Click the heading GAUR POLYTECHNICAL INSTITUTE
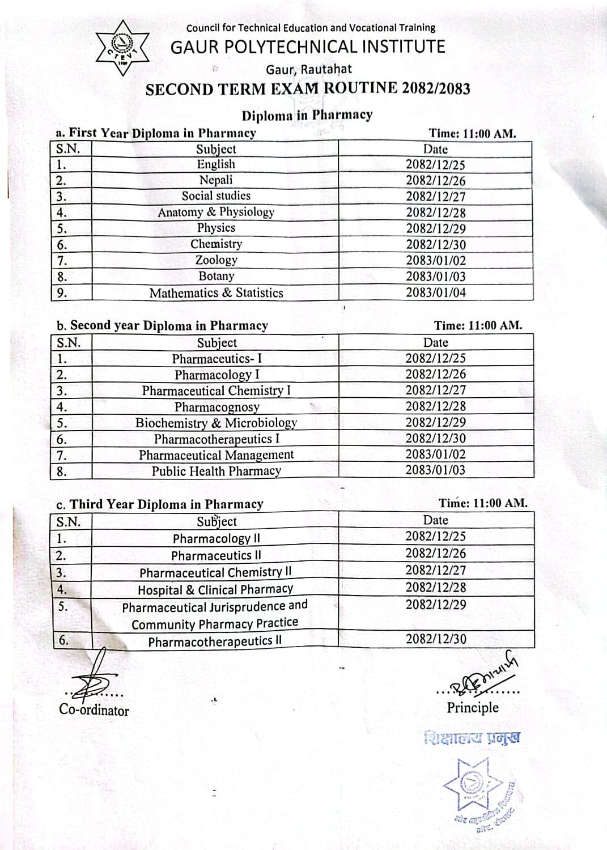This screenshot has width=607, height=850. [x=308, y=46]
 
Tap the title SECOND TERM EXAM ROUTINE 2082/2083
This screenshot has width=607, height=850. [x=308, y=90]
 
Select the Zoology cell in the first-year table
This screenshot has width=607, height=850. [x=216, y=260]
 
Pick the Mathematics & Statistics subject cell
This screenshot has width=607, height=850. [x=216, y=293]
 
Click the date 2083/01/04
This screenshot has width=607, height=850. [x=435, y=292]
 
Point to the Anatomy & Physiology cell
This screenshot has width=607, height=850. [x=216, y=212]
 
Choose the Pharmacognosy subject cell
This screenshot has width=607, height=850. [x=217, y=407]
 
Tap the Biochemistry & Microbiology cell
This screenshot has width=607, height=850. [x=216, y=423]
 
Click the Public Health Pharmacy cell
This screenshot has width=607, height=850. [x=216, y=471]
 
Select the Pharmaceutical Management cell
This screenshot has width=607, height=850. [x=216, y=455]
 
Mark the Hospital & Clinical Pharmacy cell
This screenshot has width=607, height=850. [x=215, y=589]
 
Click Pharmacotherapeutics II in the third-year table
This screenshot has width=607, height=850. [x=215, y=641]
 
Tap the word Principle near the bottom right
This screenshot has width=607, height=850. [x=473, y=707]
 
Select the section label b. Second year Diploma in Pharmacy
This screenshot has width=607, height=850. [x=162, y=326]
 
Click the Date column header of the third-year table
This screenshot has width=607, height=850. [x=435, y=520]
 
